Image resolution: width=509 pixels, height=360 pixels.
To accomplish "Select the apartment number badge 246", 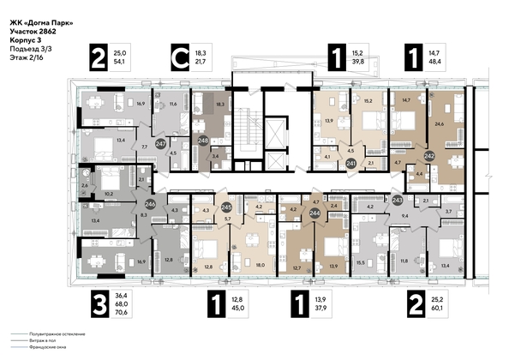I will [x=150, y=204].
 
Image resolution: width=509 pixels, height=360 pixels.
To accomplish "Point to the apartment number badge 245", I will [x=226, y=207].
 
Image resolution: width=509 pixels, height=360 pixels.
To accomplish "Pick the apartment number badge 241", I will [x=350, y=159].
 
